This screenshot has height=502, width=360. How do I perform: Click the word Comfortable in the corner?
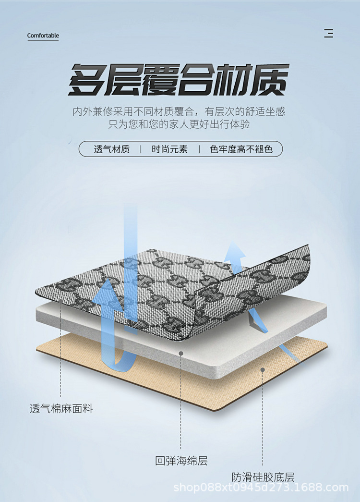pos(43,36)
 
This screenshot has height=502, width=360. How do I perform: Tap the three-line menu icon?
pos(329,34)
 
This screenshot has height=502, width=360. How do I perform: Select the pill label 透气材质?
pos(111,149)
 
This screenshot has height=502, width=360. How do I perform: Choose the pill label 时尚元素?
pos(169,149)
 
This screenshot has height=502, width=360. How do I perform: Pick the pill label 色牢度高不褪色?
pos(241,149)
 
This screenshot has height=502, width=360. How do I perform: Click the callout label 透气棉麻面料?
pos(61,409)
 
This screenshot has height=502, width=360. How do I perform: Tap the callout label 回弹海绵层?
pos(181,461)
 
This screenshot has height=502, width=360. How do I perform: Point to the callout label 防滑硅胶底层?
pos(263,477)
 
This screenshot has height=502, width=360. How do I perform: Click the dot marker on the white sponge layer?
pos(181,353)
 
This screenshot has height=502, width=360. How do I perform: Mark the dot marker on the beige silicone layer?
pos(263,369)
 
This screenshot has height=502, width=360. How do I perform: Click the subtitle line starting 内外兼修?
pos(179,112)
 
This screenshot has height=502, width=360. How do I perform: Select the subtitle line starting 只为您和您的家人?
pos(179,124)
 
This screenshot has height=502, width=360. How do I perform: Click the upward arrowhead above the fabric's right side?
pos(235,250)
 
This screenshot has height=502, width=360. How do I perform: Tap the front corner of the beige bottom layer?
pos(211,408)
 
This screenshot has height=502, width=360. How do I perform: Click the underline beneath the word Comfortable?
pos(43,41)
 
